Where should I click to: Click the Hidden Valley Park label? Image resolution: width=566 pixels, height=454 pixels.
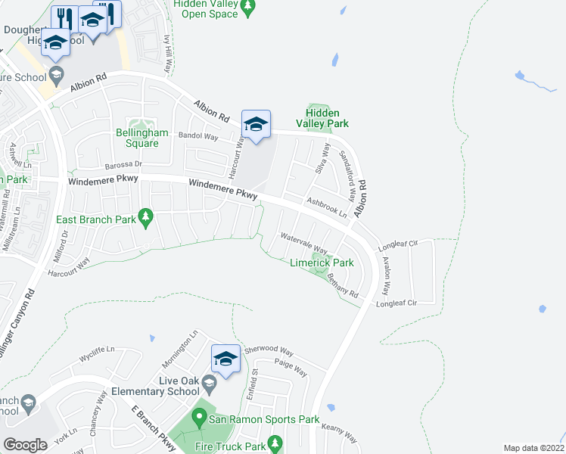coord(327,118)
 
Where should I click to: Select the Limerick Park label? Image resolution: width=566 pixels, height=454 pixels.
coord(322,263)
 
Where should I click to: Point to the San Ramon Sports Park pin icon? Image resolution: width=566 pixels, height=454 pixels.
coord(199,417)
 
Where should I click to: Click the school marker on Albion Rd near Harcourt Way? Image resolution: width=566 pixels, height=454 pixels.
coord(256,125)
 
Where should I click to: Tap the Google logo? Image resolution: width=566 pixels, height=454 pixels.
coord(26,445)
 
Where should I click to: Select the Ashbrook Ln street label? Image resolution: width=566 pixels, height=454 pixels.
coord(326,207)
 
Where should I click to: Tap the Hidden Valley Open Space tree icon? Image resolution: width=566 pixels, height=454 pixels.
coord(247,9)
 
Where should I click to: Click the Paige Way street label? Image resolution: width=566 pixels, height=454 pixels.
coord(291,367)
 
